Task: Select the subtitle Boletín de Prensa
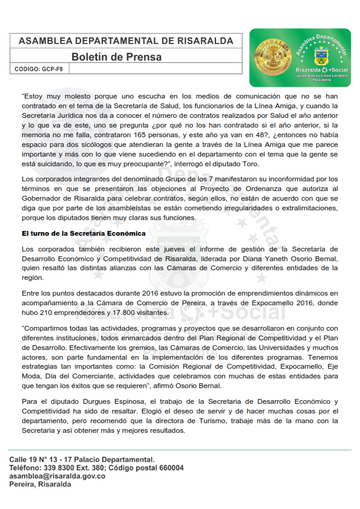point(116,57)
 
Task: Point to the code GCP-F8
point(53,70)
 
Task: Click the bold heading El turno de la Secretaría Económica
point(83,233)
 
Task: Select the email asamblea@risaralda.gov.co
point(57,476)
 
